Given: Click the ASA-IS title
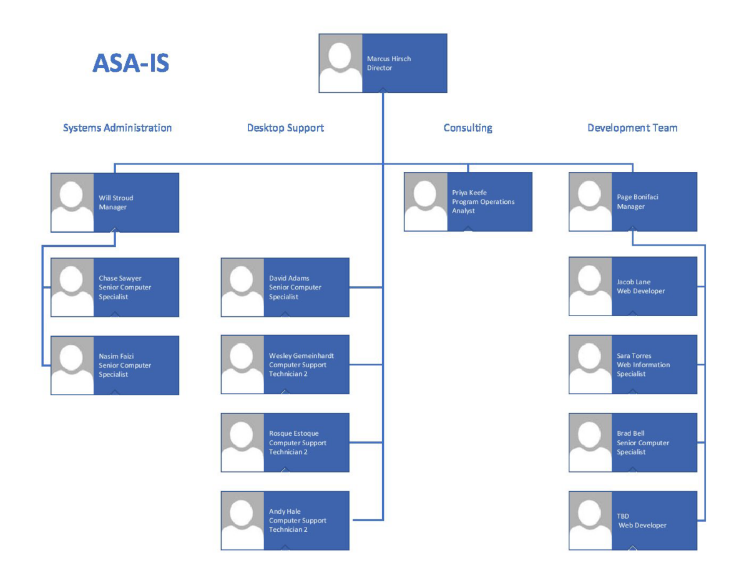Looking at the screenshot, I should (x=130, y=63).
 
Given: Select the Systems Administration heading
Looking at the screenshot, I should (x=117, y=128).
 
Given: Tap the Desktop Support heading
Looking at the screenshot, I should (x=285, y=128).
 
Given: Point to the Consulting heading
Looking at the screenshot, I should (x=468, y=128).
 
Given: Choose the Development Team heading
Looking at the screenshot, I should (x=632, y=128).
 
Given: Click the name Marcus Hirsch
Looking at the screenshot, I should (x=389, y=59).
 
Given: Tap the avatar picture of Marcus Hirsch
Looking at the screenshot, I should (x=341, y=63).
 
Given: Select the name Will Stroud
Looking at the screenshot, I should (x=116, y=198).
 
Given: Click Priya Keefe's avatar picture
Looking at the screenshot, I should (x=426, y=201).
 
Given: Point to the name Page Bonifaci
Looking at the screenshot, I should (x=637, y=197).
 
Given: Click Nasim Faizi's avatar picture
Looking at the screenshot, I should (x=72, y=365).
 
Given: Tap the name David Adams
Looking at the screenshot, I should (x=289, y=278).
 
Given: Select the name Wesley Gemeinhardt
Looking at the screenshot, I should (x=301, y=356).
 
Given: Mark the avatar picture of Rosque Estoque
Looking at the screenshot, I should (x=243, y=443).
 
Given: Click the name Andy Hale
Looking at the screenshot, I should (x=285, y=511).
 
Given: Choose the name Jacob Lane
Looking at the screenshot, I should (x=634, y=282).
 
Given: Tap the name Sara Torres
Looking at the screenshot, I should (x=634, y=356).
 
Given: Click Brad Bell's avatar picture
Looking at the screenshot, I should (x=590, y=443).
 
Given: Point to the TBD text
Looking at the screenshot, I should (x=623, y=516).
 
